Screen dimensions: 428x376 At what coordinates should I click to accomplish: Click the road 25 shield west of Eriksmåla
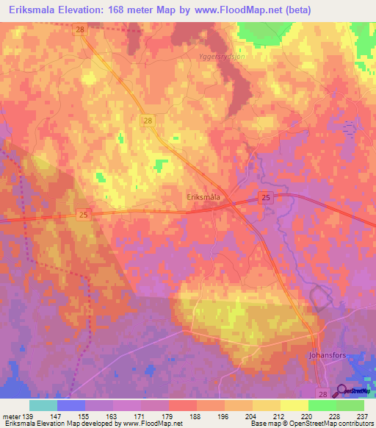pos(84,214)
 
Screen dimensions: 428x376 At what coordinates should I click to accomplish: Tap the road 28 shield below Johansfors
pos(322,393)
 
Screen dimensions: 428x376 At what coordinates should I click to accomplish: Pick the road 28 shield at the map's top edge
pos(81,29)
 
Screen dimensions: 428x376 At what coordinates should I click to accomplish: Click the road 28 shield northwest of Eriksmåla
pos(148,120)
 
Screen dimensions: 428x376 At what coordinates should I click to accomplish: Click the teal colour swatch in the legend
pos(43,405)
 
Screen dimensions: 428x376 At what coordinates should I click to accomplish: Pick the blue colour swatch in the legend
pos(71,405)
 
